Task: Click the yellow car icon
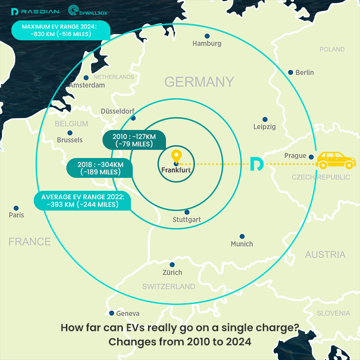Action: click(x=336, y=160)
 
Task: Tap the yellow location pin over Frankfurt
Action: click(x=176, y=157)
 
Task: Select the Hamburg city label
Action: click(x=207, y=44)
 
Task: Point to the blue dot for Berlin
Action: click(x=291, y=72)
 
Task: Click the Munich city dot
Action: click(x=242, y=236)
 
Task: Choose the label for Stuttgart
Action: click(x=187, y=220)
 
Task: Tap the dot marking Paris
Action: click(x=16, y=208)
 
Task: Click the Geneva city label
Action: click(x=128, y=314)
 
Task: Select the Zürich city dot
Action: click(x=172, y=265)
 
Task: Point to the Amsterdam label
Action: click(x=87, y=85)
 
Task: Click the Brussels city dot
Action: click(x=70, y=133)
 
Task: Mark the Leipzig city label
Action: click(x=264, y=127)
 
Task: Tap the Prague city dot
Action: click(x=311, y=157)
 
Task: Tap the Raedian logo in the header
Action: click(x=35, y=11)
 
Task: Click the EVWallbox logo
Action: click(x=90, y=11)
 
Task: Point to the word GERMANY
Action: click(x=199, y=82)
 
